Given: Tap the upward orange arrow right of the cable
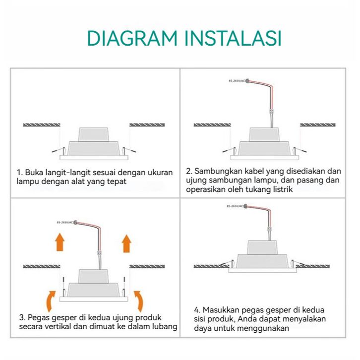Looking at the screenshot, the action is pos(126,242).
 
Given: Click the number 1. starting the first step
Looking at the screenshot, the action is pos(20,173).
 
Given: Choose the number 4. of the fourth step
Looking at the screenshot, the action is pos(197,309).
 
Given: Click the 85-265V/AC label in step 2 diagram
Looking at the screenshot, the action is pos(237,80).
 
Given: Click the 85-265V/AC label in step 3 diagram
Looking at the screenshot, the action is pos(66,223).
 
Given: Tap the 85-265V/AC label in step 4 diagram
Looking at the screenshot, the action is pos(236,205).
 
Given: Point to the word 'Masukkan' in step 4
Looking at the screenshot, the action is pos(222,309).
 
